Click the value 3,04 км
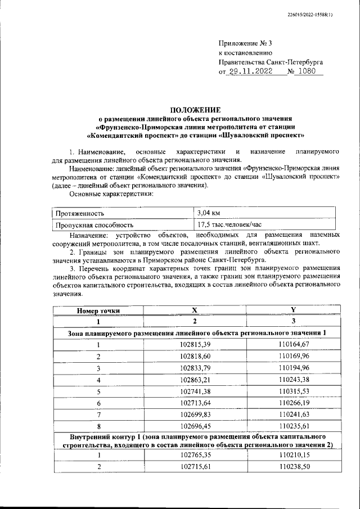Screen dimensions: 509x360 pyautogui.click(x=208, y=213)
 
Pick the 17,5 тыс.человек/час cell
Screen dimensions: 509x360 pyautogui.click(x=230, y=224)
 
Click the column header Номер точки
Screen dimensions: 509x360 pyautogui.click(x=98, y=310)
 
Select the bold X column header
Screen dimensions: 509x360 pyautogui.click(x=195, y=310)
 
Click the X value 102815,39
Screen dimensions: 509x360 pyautogui.click(x=195, y=345)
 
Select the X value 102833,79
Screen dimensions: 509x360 pyautogui.click(x=195, y=368)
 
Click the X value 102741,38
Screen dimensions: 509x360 pyautogui.click(x=195, y=392)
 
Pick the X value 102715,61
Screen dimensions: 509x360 pyautogui.click(x=195, y=467)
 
